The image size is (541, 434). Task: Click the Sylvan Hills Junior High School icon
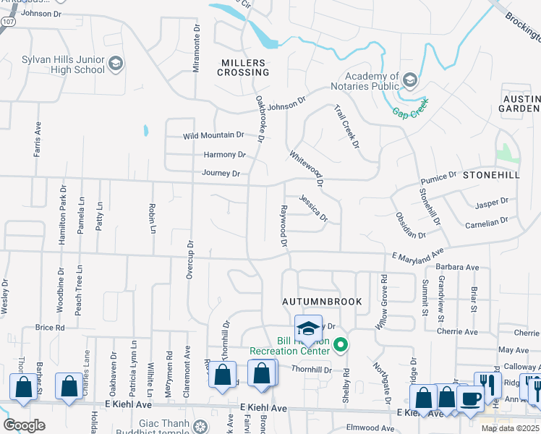coord(116,65)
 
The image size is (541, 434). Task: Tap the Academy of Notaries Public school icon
coord(410,79)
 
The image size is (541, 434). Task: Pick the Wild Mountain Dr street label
coord(213,135)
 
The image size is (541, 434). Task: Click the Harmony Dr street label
coord(225,154)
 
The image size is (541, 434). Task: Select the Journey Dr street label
coord(221,173)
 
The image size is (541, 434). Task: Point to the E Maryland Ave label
coord(417,257)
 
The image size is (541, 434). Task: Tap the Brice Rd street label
coord(50,327)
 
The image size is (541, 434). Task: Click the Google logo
coord(24,425)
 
